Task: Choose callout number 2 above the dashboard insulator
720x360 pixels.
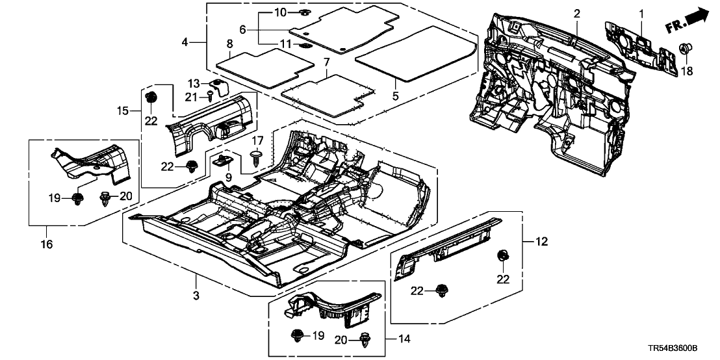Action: (576, 14)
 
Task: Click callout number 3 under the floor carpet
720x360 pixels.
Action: (196, 297)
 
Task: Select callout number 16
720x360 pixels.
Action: (46, 244)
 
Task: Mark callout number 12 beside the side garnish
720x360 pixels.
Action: (541, 242)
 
